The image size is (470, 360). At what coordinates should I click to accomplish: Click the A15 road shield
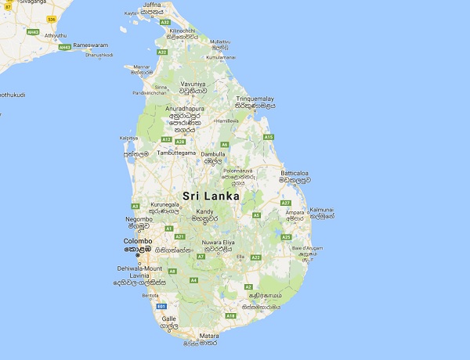269,137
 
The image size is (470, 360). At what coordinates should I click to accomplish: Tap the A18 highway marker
230,315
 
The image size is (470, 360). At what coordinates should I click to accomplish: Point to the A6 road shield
224,144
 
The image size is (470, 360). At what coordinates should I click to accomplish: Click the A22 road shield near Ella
255,257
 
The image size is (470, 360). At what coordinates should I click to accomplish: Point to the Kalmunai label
322,210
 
